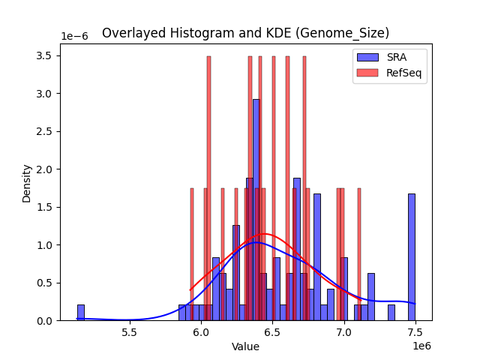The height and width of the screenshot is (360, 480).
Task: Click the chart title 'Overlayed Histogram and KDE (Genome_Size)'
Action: click(245, 33)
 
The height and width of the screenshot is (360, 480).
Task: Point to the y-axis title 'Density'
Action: click(27, 182)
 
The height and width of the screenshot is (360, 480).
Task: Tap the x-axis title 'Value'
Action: click(245, 346)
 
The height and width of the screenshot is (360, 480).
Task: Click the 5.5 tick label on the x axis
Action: click(130, 331)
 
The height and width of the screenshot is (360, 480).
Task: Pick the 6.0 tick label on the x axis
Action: click(201, 331)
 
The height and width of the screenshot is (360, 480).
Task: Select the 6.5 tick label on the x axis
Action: click(273, 331)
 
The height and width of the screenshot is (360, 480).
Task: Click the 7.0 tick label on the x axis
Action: click(344, 331)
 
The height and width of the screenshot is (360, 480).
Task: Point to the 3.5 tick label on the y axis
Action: click(44, 56)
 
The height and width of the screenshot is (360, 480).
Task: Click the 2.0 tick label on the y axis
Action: click(44, 169)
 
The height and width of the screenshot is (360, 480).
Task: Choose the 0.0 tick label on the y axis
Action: click(44, 321)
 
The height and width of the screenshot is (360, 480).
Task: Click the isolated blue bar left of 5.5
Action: click(81, 313)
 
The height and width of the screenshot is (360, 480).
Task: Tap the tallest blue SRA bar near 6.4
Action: click(256, 210)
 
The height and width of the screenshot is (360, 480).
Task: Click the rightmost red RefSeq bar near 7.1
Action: click(359, 255)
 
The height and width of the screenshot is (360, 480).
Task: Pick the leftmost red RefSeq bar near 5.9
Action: click(192, 255)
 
